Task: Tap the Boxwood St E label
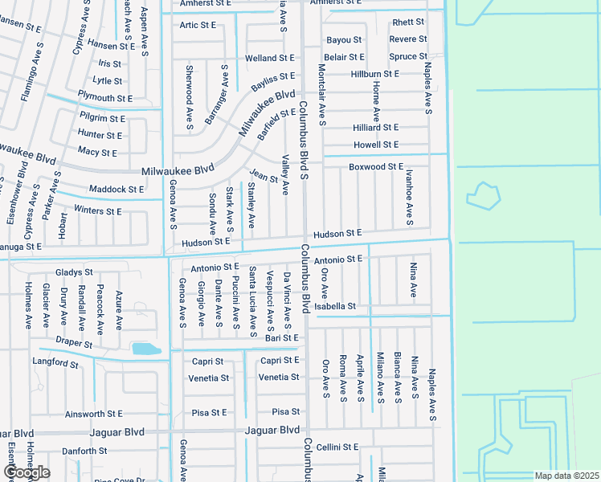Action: click(375, 166)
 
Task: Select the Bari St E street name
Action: click(281, 338)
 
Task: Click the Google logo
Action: click(27, 472)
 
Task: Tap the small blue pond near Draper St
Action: click(145, 349)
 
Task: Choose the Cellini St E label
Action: click(337, 447)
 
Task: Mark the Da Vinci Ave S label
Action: click(287, 300)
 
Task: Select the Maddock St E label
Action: click(117, 190)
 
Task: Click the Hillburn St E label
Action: click(374, 74)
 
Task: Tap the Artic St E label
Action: click(198, 25)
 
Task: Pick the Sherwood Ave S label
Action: click(190, 97)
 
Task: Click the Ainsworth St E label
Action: click(93, 415)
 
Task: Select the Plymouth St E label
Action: click(105, 98)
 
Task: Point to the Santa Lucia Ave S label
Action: click(252, 301)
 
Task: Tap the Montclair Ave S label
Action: click(321, 95)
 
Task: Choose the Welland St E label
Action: click(270, 59)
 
